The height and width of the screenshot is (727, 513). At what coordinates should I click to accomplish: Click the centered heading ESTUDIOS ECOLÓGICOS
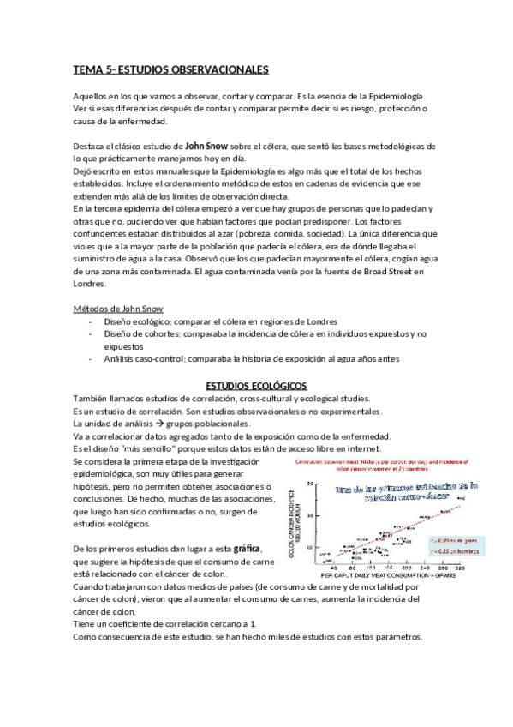tap(256, 386)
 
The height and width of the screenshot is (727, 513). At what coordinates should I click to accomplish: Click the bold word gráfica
tap(243, 548)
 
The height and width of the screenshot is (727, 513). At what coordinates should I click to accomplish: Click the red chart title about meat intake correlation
tap(396, 465)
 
